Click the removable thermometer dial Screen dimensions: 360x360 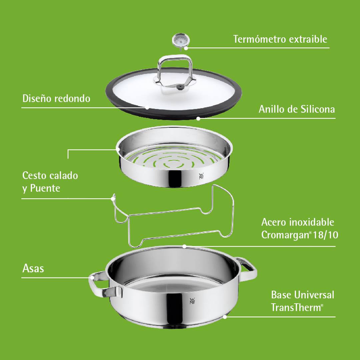point(181,40)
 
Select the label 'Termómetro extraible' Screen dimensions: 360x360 point(280,39)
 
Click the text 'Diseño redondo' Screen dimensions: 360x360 point(56,98)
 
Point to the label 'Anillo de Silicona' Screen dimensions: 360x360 point(297,109)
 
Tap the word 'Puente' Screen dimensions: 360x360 point(45,188)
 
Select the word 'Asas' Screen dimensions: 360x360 point(33,268)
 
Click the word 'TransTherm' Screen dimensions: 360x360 point(297,307)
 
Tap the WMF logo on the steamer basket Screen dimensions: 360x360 point(201,176)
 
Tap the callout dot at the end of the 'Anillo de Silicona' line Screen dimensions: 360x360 point(198,118)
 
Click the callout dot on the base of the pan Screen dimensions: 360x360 point(225,317)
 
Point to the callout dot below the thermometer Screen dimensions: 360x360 point(186,48)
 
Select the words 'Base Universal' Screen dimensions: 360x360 point(302,295)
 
